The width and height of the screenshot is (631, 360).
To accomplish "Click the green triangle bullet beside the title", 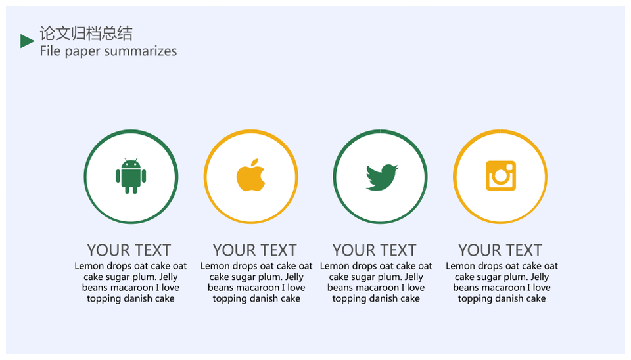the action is (x=26, y=41).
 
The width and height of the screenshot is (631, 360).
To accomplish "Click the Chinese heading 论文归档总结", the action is (x=86, y=34).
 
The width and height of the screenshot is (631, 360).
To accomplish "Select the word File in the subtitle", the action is (x=50, y=51).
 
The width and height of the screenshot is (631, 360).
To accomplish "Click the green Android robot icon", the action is (x=131, y=176).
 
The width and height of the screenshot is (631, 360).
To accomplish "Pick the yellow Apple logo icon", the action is (x=250, y=175).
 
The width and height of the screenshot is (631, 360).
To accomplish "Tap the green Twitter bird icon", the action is (x=381, y=177).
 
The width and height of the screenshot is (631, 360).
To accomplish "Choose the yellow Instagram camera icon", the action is (x=501, y=176).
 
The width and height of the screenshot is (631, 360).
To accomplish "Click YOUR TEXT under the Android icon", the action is (x=129, y=250).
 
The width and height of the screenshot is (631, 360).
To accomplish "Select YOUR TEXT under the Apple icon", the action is (x=255, y=250).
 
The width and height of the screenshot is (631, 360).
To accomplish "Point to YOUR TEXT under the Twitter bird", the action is (x=374, y=250).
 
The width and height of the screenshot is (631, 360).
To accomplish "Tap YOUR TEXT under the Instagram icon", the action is (x=500, y=250).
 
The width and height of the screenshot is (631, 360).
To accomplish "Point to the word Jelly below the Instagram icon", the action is (x=539, y=277).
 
